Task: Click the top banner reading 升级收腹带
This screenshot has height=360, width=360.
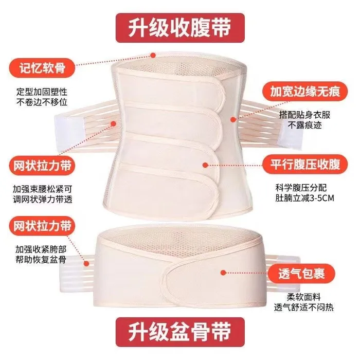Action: coord(180,28)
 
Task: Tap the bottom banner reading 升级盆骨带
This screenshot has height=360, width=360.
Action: coord(180,332)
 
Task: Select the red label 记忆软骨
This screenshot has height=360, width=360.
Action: coord(42,68)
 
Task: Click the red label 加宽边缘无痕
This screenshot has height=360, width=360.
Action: coord(305,92)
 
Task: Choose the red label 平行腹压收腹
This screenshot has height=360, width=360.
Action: coord(305,165)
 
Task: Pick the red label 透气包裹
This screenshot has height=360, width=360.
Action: coord(301,274)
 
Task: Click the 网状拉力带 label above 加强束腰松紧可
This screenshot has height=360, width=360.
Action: coord(42,166)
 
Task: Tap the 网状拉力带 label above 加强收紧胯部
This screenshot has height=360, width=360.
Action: coord(42,226)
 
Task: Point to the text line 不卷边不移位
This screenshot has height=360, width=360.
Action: coord(42,102)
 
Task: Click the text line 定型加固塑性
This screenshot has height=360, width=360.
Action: coord(42,92)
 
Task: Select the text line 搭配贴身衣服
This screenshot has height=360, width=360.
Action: coord(304,115)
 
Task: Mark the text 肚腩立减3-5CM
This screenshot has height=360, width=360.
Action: coord(304,198)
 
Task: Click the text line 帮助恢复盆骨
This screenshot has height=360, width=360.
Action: coord(41,259)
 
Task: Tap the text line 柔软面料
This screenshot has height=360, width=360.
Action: coord(303,297)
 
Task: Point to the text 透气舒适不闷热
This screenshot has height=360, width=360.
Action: coord(303,308)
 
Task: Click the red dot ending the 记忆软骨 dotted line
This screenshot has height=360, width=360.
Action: coord(153,55)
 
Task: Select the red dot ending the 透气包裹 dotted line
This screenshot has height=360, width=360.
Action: coord(223,273)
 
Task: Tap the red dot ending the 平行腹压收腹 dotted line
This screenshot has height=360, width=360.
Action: coord(206,165)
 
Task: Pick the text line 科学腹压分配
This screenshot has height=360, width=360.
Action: coord(301,188)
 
